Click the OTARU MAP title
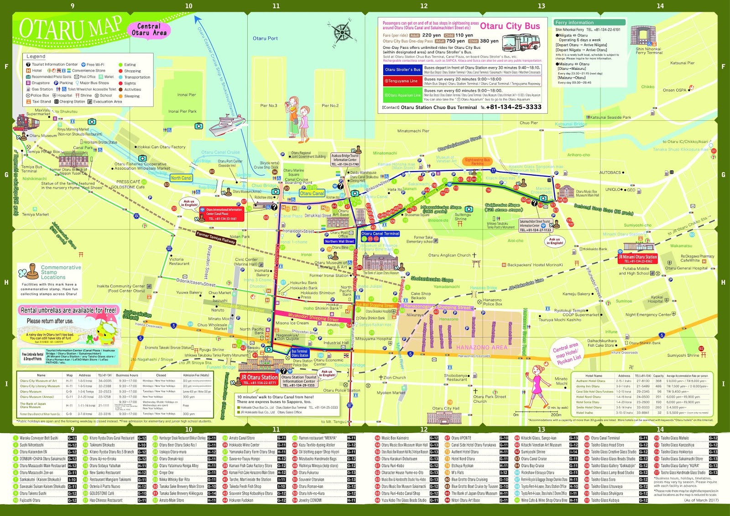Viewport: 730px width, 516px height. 71,28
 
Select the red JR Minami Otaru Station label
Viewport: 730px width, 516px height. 637,259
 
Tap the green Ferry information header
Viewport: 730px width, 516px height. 584,22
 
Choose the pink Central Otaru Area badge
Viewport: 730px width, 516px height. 149,30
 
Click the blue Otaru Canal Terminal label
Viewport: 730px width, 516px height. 380,234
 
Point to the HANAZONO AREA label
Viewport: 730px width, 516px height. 482,347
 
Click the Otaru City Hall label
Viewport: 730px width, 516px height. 446,408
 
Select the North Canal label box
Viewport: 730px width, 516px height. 181,178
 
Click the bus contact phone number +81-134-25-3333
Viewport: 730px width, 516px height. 514,107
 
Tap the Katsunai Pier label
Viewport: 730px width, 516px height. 682,63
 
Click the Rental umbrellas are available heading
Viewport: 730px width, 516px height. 68,310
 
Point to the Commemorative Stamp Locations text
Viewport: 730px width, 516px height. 61,272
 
